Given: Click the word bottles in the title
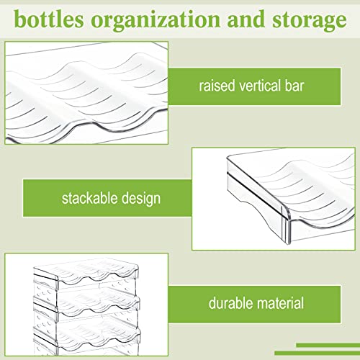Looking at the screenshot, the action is coord(49,19).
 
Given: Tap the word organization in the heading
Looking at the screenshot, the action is coord(156,21).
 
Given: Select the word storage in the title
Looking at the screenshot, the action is coord(310,21).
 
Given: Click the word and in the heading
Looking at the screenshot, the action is coord(246,19).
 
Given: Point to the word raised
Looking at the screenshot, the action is coord(217,86).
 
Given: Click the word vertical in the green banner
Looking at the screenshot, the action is coord(260,86).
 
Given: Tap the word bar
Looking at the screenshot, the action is coord(294,86).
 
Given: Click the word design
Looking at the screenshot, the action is coord(141,199).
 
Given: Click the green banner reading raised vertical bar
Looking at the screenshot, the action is coord(254,86).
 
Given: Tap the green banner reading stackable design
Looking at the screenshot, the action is coord(107,198).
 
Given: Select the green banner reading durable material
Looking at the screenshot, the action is coord(254,305).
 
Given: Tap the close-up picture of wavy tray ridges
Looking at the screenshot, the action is coord(86,93).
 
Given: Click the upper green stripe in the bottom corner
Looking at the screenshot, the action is coord(328,346).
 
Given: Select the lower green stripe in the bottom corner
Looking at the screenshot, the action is coord(318,354).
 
